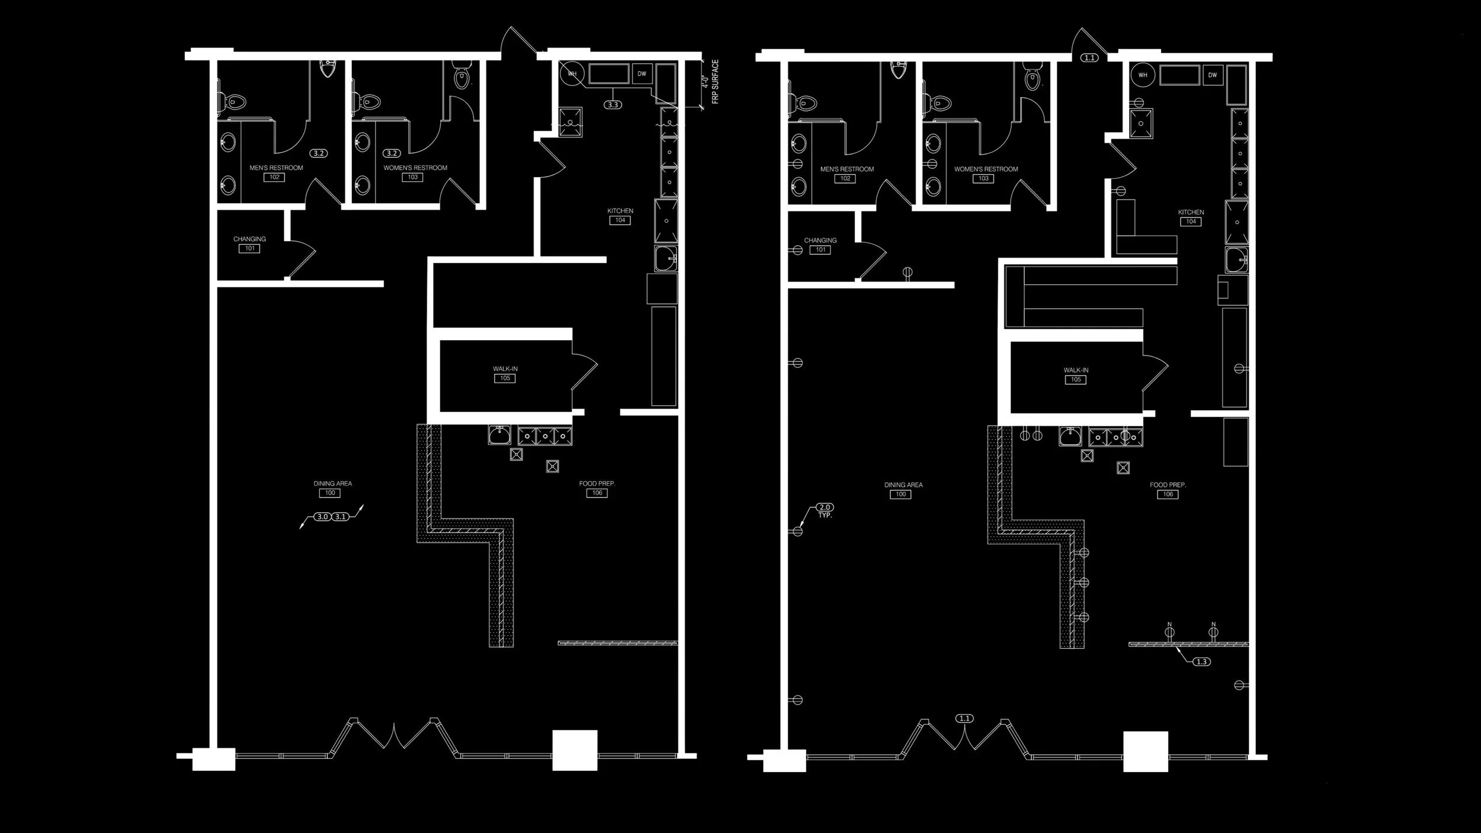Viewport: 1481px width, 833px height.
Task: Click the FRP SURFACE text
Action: point(715,82)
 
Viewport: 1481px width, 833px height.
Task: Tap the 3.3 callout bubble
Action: point(613,105)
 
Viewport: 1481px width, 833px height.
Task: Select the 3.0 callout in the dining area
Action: point(322,517)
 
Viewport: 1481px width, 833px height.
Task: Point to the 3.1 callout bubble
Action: point(340,517)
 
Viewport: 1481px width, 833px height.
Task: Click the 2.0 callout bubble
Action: point(825,507)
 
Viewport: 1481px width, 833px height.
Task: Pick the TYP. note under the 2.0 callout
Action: point(825,516)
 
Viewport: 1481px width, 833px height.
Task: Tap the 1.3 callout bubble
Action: point(1201,662)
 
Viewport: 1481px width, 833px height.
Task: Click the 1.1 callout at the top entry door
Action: point(1089,58)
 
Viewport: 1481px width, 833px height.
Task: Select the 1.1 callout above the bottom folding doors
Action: point(964,719)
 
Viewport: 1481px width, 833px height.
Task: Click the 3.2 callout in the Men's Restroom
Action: point(319,153)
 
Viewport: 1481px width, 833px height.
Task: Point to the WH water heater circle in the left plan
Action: point(572,74)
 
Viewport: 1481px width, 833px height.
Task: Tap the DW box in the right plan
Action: point(1213,75)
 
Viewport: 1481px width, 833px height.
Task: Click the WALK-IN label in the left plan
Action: point(505,369)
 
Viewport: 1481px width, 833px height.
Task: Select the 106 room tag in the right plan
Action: point(1168,494)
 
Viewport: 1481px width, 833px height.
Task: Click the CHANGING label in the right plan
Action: point(820,241)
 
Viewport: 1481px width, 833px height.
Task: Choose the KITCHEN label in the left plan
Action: point(620,211)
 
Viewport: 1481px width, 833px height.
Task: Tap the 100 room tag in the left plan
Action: point(330,493)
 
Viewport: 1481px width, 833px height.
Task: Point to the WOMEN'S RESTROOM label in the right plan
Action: point(986,169)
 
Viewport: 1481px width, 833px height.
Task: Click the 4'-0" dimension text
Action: point(705,82)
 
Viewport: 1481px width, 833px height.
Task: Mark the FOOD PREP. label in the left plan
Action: point(597,483)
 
